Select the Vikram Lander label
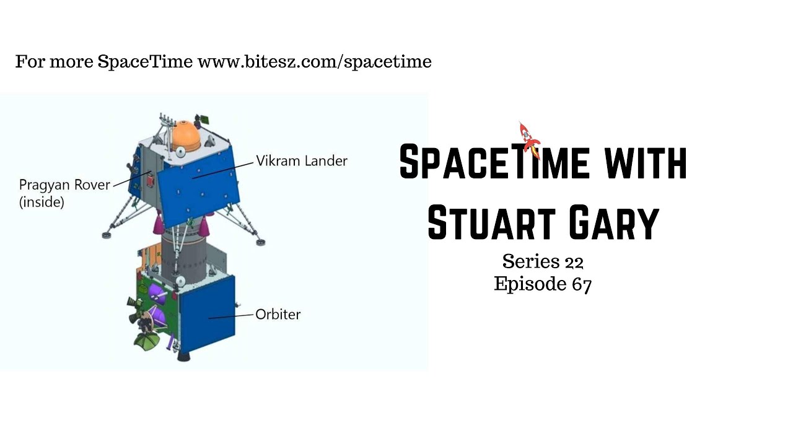tap(302, 161)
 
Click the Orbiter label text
tap(278, 314)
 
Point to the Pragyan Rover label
tap(64, 185)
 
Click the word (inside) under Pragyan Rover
tap(42, 202)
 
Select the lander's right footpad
tap(258, 242)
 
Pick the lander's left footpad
tap(107, 235)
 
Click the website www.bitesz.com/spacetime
tap(314, 62)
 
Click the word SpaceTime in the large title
tap(493, 163)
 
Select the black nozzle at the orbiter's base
tap(185, 356)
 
